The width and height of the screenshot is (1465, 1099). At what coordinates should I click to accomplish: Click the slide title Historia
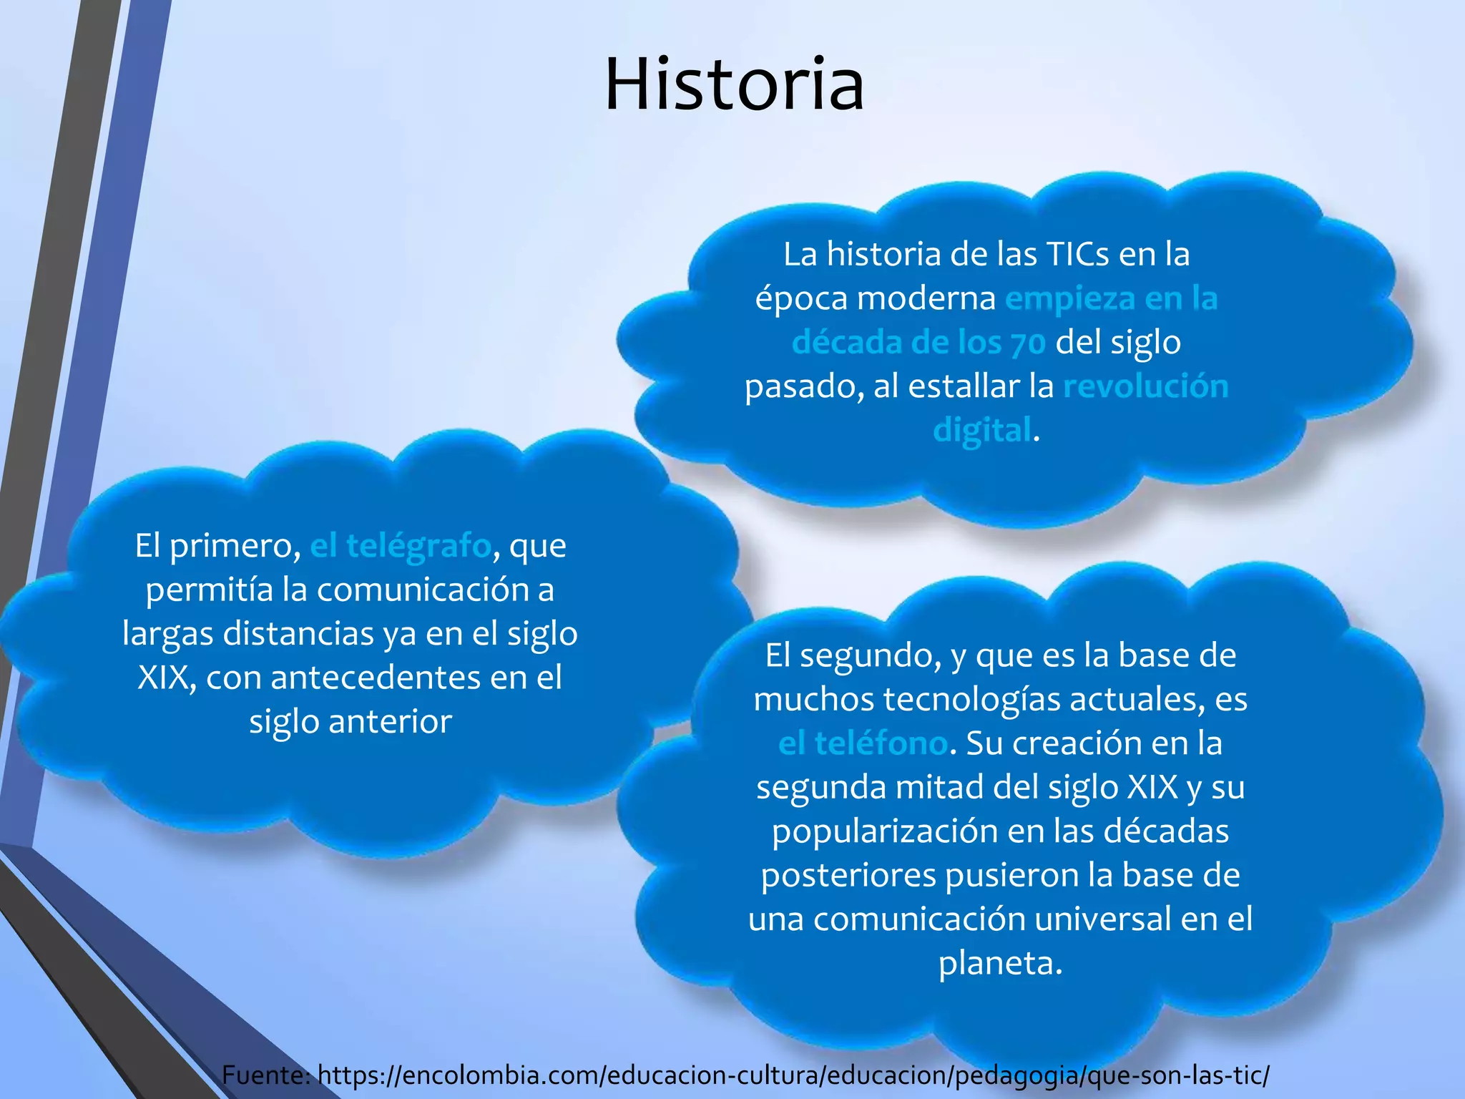click(x=734, y=84)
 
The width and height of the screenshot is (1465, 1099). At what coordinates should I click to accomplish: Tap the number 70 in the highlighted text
click(x=1028, y=343)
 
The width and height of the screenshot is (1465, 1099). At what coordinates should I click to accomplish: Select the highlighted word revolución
click(x=1146, y=386)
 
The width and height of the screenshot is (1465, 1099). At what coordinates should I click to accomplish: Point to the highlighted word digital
click(x=982, y=431)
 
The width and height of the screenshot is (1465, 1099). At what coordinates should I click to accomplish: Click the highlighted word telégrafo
click(x=418, y=546)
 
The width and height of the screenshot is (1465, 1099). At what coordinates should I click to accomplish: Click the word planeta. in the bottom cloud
click(x=1000, y=963)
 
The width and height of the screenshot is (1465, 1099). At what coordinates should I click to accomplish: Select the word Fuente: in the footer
click(x=265, y=1075)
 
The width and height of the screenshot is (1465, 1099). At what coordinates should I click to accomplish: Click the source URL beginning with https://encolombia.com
click(x=793, y=1075)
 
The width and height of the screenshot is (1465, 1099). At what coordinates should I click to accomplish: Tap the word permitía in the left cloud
click(x=210, y=590)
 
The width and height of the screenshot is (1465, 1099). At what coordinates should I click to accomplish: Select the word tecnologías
click(x=971, y=699)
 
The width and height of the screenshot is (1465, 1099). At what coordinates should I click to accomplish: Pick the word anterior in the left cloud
click(x=390, y=721)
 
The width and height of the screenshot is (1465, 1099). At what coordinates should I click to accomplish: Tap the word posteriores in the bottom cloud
click(x=848, y=876)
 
